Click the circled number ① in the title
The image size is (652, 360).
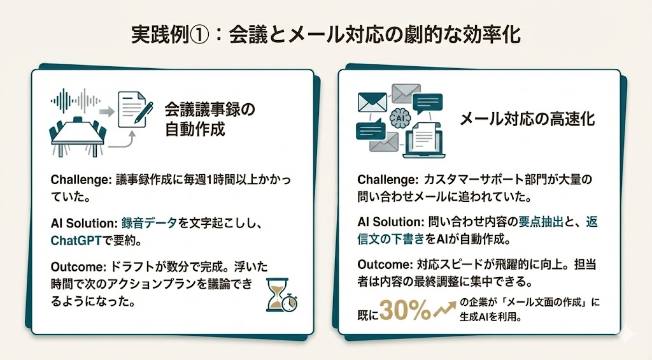[x=199, y=35]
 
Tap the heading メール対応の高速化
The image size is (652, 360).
[x=527, y=119]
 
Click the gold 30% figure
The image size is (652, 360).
[x=406, y=310]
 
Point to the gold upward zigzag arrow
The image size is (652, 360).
[x=445, y=309]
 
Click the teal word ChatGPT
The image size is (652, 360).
[x=76, y=241]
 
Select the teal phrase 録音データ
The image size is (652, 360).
[x=149, y=223]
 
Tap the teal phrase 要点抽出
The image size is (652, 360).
[x=540, y=221]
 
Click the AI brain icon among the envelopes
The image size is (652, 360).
[x=400, y=118]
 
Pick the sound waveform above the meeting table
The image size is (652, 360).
[x=76, y=100]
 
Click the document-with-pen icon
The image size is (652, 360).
[x=134, y=109]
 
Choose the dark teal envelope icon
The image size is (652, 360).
[x=372, y=103]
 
